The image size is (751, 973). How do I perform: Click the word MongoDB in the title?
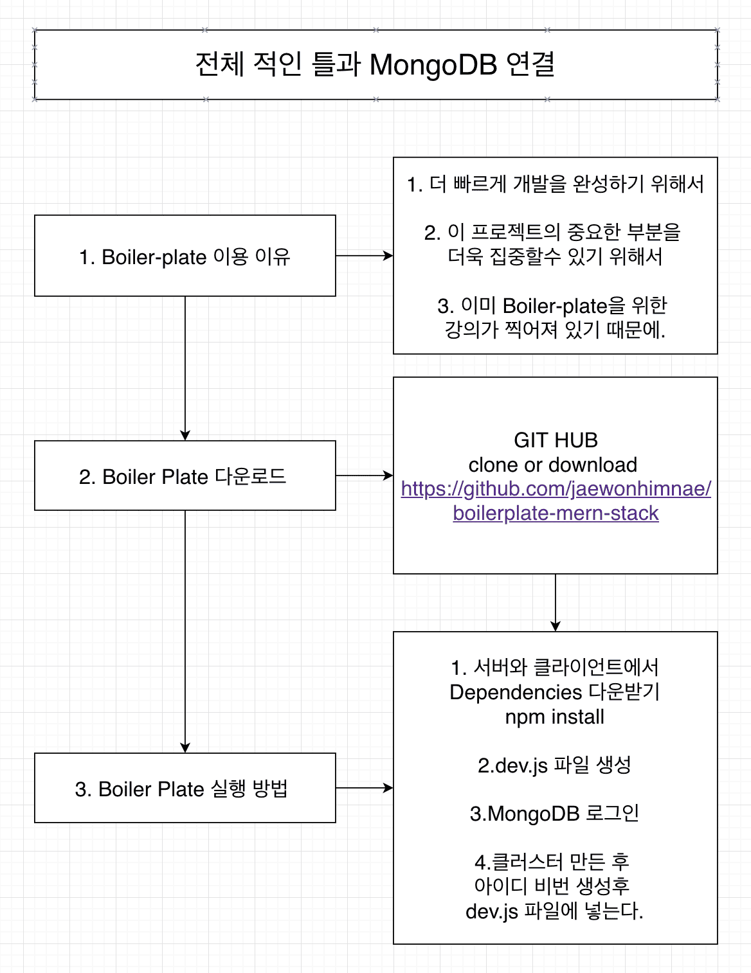tap(433, 65)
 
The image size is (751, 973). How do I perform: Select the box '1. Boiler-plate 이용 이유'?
tap(185, 256)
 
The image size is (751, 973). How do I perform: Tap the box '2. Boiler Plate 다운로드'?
tap(185, 476)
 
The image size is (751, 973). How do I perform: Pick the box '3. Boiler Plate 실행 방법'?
tap(185, 789)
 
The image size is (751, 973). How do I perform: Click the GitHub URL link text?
tap(556, 501)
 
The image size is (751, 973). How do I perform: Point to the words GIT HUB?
tap(556, 440)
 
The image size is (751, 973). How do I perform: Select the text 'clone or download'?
tap(553, 465)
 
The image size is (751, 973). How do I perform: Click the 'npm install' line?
tap(554, 717)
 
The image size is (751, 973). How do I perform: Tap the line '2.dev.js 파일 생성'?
tap(554, 765)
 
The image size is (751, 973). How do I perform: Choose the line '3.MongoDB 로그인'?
tap(554, 814)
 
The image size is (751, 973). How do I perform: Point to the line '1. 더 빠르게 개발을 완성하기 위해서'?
tap(555, 184)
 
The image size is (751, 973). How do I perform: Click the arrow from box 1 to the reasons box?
tap(364, 256)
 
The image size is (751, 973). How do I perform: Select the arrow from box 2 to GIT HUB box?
tap(364, 476)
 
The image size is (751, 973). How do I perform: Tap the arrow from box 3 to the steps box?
tap(364, 788)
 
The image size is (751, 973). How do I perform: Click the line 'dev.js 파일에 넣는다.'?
tap(554, 911)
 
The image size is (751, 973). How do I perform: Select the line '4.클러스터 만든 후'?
tap(552, 862)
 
